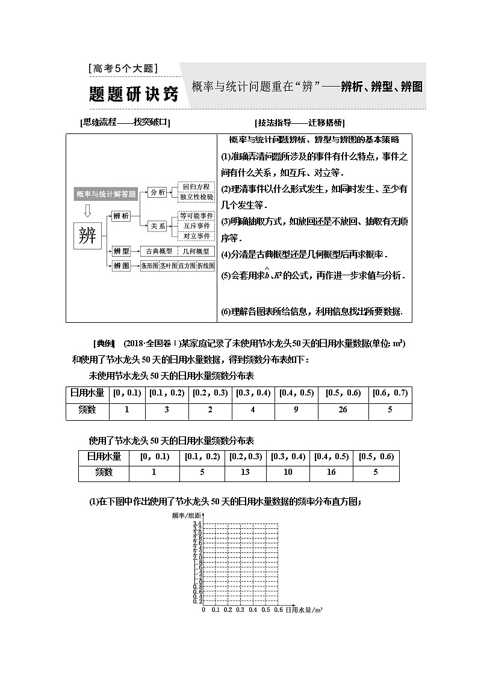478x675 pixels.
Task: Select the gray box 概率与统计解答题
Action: coord(106,194)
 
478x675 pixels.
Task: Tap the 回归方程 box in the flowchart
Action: coord(196,187)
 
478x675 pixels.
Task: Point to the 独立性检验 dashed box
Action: coord(196,197)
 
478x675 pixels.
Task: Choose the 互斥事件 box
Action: coord(196,225)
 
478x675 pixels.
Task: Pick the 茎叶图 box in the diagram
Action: coord(167,266)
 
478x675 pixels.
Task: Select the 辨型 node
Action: coord(122,251)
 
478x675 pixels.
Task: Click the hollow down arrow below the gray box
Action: coord(88,210)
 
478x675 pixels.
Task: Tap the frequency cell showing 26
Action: coord(342,411)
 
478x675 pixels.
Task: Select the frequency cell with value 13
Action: coord(245,472)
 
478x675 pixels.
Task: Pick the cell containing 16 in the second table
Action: coord(331,472)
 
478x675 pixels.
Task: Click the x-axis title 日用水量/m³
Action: coord(303,609)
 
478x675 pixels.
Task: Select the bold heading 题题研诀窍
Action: coord(134,94)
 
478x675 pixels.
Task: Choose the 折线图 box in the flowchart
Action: coord(205,266)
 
